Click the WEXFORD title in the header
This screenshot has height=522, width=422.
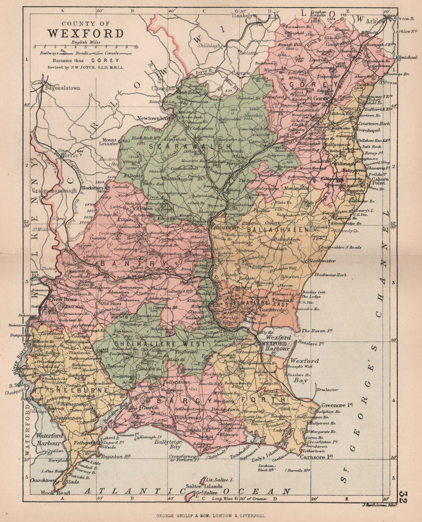coord(85,33)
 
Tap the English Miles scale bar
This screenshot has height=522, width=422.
coord(86,47)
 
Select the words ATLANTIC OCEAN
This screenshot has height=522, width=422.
coord(187,491)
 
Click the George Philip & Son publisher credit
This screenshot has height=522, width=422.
coord(211,515)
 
